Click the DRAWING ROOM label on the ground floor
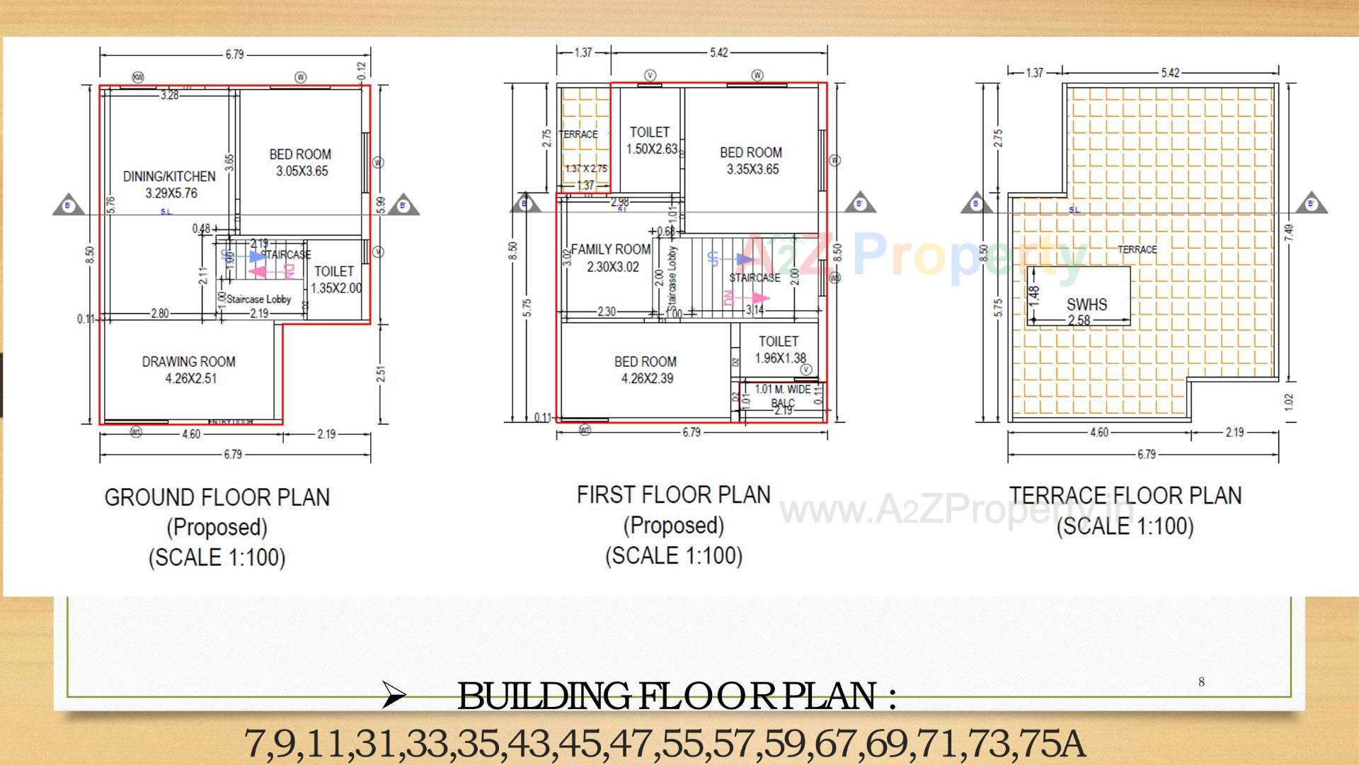(189, 370)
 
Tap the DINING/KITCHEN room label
(170, 184)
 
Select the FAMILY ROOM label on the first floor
(612, 258)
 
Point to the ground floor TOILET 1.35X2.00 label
(336, 280)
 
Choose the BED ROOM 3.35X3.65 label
(752, 161)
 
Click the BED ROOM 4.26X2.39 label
(646, 370)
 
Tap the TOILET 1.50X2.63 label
(650, 140)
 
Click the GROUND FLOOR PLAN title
(217, 497)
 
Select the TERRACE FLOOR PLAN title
(1125, 495)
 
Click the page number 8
(1201, 682)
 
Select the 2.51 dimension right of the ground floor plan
(380, 373)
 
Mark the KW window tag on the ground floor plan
(138, 77)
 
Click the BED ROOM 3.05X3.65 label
(301, 162)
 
